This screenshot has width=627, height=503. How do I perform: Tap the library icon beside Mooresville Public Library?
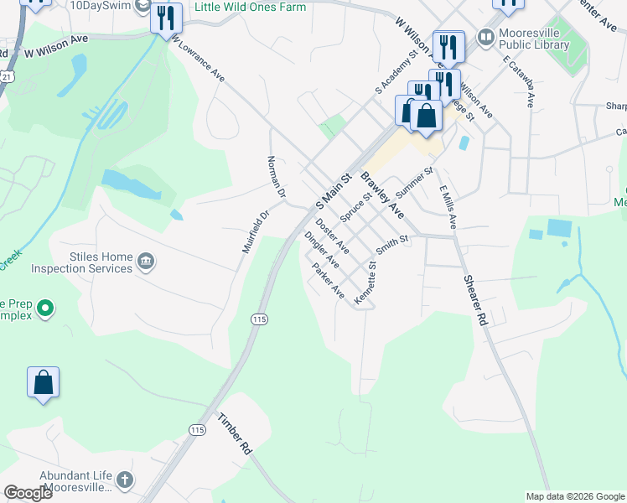485,37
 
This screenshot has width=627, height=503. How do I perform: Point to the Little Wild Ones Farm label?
250,7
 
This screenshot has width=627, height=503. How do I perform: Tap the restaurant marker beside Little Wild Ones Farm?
166,18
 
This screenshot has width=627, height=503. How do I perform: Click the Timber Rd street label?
235,433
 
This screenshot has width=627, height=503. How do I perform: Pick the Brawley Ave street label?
382,195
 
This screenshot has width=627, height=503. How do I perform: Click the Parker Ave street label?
328,281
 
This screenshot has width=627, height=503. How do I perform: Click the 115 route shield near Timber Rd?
197,430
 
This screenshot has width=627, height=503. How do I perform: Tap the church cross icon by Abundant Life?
124,480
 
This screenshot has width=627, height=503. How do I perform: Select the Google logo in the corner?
28,493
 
